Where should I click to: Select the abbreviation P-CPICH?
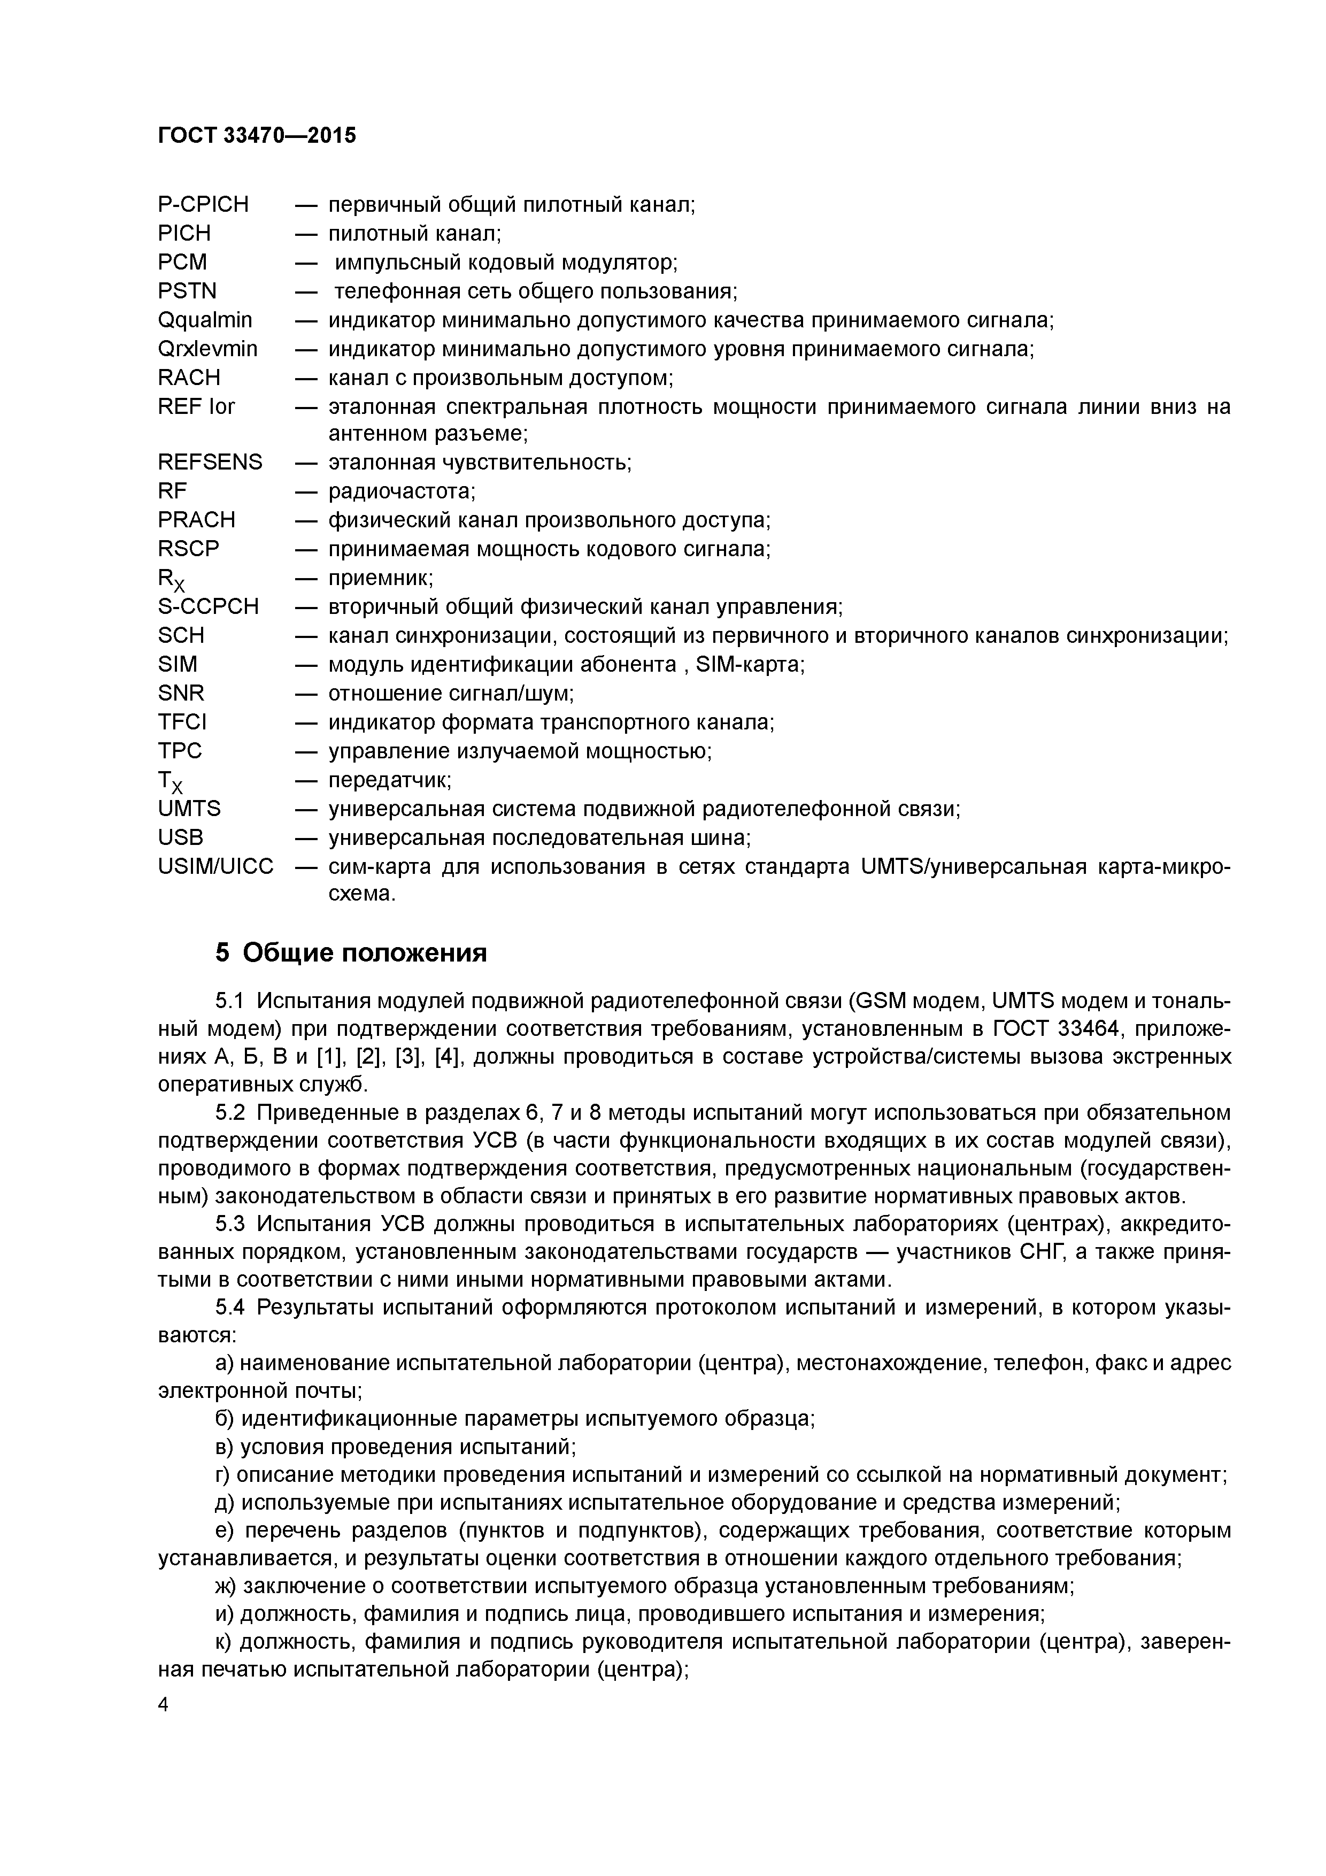point(203,204)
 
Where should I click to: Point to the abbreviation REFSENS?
point(210,463)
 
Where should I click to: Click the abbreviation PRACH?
point(196,520)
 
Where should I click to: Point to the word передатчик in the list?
point(389,780)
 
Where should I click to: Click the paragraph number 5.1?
point(229,1002)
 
